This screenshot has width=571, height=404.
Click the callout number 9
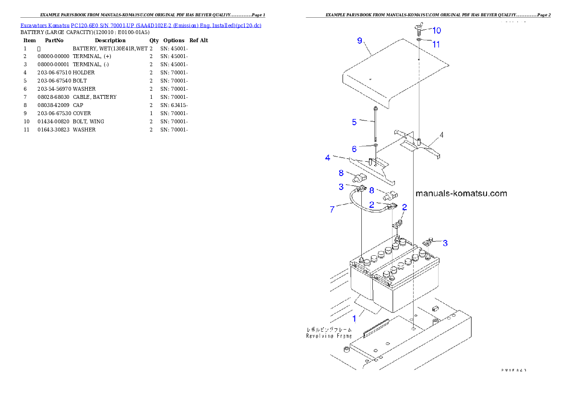(360, 40)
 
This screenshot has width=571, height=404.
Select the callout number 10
(436, 30)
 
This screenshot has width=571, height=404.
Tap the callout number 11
(436, 44)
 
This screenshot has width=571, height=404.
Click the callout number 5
(354, 122)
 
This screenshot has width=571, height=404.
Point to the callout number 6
(354, 149)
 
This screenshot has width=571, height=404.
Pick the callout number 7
(332, 210)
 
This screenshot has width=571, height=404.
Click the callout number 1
(354, 318)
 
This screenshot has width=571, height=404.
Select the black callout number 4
(442, 135)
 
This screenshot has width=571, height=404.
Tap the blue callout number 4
(327, 157)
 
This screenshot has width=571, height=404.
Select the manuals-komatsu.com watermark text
(461, 194)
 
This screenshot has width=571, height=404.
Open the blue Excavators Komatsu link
(141, 25)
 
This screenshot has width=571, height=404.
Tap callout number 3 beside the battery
(445, 243)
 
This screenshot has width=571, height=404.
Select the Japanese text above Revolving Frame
(329, 330)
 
